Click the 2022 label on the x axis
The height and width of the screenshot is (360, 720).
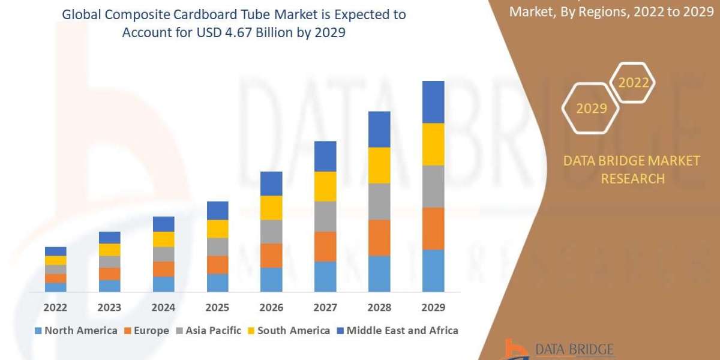tap(55, 307)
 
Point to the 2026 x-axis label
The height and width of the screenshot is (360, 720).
tap(271, 307)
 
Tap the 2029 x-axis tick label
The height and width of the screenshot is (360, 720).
tap(433, 307)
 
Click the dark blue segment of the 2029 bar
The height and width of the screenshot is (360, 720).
tap(433, 102)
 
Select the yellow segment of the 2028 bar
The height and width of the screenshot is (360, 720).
tap(379, 165)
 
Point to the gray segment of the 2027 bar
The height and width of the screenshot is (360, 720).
tap(325, 217)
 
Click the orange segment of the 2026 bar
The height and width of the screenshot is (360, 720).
tap(271, 256)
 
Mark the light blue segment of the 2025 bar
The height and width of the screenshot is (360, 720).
tap(217, 283)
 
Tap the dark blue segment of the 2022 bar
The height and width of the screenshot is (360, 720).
tap(55, 251)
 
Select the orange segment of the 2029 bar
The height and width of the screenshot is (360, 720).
tap(433, 229)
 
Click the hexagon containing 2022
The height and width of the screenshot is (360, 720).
tap(633, 83)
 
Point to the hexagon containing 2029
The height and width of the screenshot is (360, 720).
tap(590, 109)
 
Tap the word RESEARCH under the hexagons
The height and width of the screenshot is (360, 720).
tap(632, 179)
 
